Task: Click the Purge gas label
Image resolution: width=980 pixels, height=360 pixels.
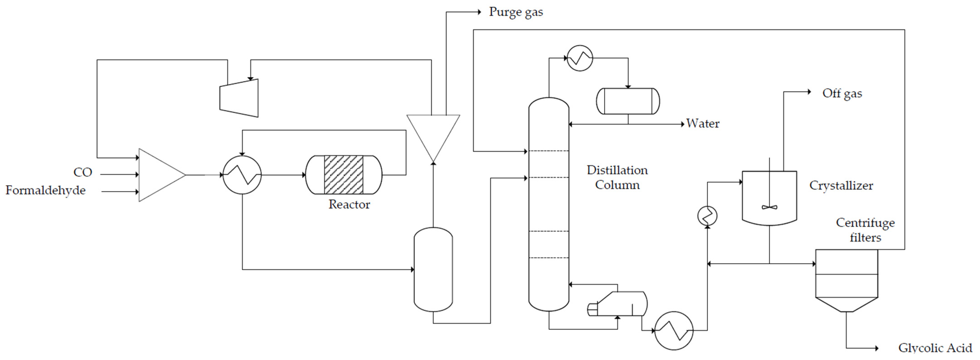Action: point(516,12)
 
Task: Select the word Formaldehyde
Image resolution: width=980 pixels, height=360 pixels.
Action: point(45,190)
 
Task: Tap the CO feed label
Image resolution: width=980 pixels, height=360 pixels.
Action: point(83,172)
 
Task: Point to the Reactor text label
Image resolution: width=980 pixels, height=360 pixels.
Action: point(349,204)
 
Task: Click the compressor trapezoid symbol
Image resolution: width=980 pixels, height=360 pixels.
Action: point(239,98)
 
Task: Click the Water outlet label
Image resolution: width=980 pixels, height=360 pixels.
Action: point(702,124)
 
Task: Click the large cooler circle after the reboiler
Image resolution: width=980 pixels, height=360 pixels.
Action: point(674,331)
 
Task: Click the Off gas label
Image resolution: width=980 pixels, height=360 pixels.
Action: point(842,93)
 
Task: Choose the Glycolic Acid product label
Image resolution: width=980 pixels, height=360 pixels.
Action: point(935,348)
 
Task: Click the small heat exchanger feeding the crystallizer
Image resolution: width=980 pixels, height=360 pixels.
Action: point(707,216)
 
